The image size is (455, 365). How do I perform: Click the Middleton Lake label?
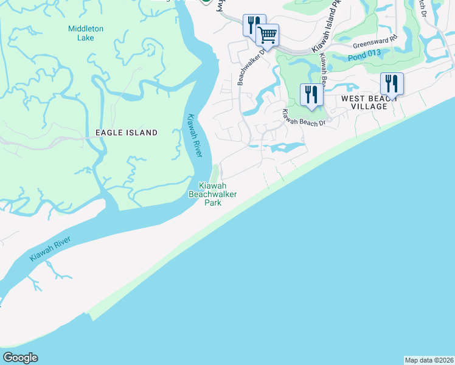[x=86, y=33]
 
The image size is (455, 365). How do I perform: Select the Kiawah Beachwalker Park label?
[x=212, y=194]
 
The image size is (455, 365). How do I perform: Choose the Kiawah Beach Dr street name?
[x=304, y=117]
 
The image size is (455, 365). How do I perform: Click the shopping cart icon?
[x=267, y=34]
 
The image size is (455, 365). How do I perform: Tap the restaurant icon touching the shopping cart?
[x=253, y=24]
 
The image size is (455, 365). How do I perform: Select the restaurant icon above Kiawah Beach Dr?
[x=311, y=95]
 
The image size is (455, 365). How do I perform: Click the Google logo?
[x=20, y=358]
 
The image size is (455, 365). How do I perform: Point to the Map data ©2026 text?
[x=429, y=360]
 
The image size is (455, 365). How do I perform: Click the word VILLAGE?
[x=369, y=106]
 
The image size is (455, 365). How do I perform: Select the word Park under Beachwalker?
[x=212, y=203]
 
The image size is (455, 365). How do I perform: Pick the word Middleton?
[x=86, y=29]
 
